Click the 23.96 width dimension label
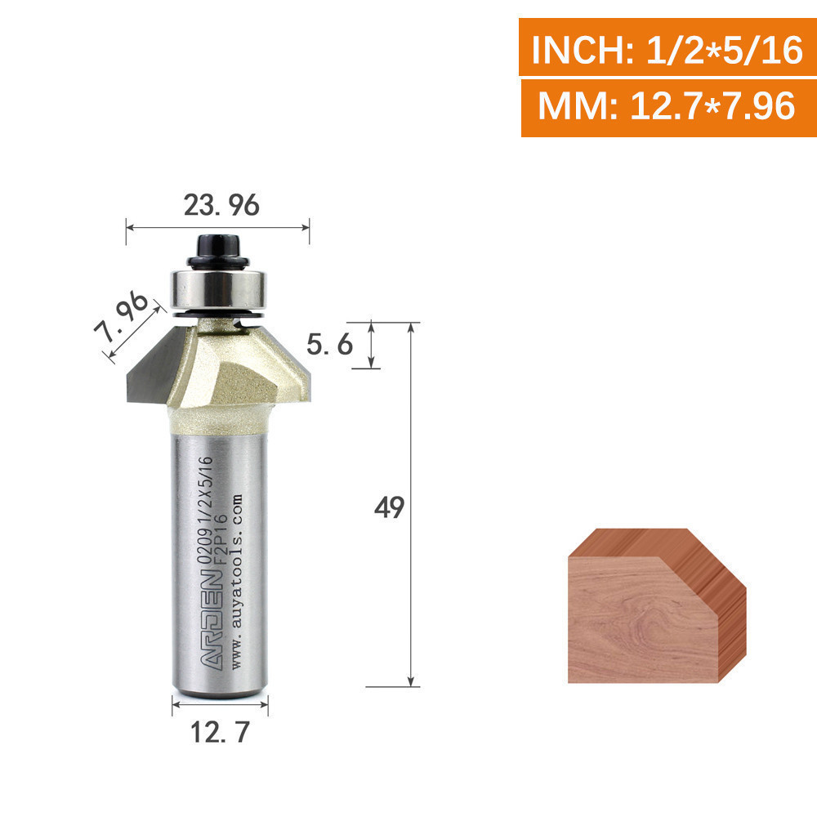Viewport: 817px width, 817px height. click(221, 205)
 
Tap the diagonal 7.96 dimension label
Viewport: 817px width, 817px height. click(122, 317)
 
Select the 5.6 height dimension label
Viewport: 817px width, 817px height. click(329, 345)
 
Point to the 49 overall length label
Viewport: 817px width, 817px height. click(389, 507)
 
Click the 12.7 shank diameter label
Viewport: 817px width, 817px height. click(220, 732)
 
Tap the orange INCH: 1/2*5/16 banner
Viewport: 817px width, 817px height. click(667, 47)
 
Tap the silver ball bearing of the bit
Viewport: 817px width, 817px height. click(218, 290)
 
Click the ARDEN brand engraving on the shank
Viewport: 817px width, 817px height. click(212, 621)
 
